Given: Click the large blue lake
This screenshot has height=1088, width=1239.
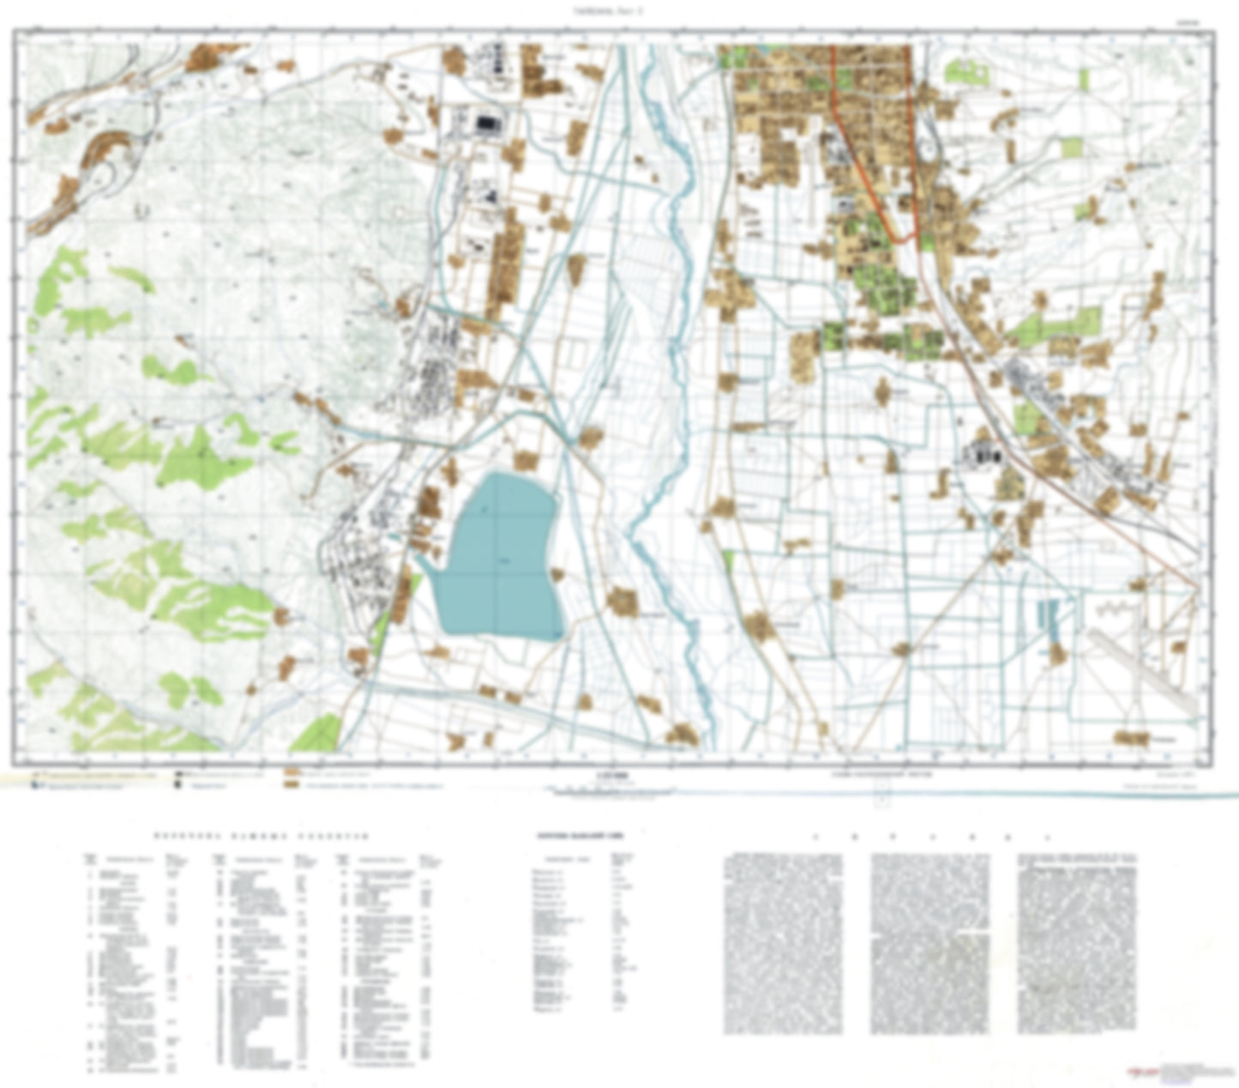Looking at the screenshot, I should pos(497,558).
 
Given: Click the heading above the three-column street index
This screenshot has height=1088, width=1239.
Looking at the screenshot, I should pos(262,835).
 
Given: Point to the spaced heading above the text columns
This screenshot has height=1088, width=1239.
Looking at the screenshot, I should pos(930,836).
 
